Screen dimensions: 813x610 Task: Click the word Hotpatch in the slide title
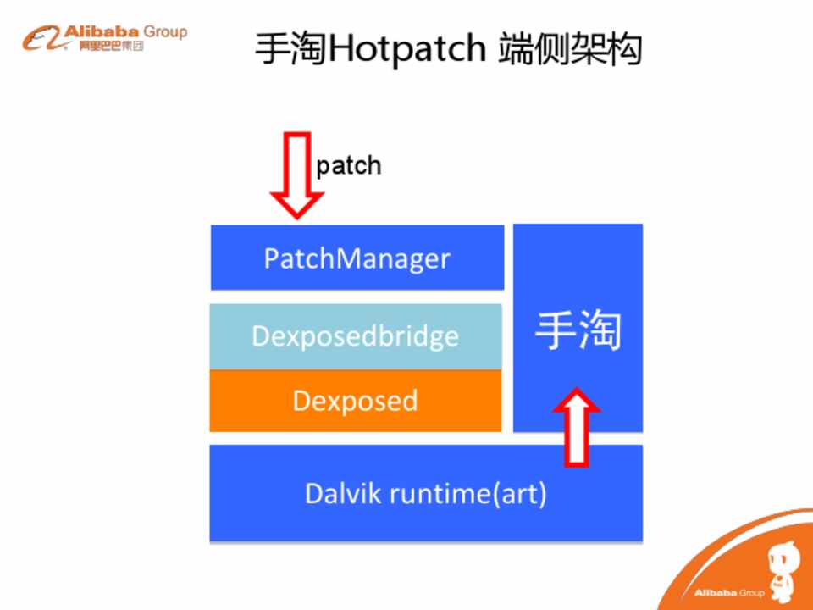[x=407, y=48]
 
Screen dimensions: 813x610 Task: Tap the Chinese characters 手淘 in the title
[x=290, y=48]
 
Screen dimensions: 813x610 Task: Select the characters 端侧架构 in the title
[x=570, y=48]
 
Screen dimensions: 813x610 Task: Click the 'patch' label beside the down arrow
[x=348, y=166]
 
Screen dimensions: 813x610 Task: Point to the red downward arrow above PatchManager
[x=297, y=175]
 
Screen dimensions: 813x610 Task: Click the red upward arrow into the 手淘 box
[x=577, y=427]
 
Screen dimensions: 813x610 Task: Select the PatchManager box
[x=357, y=258]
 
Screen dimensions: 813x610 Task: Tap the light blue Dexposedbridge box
[x=356, y=336]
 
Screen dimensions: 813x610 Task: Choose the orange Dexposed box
[x=356, y=401]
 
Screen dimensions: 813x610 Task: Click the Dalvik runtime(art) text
[x=426, y=494]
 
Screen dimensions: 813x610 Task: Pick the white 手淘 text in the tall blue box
[x=578, y=330]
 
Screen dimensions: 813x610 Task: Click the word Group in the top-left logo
[x=165, y=31]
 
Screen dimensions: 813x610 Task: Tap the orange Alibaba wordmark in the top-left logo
[x=102, y=31]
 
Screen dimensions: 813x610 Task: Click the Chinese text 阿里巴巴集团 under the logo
[x=111, y=46]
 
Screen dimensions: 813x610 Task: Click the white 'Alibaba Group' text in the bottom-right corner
[x=729, y=592]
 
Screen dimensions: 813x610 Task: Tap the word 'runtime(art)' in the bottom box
[x=468, y=494]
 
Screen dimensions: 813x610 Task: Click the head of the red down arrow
[x=297, y=205]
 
